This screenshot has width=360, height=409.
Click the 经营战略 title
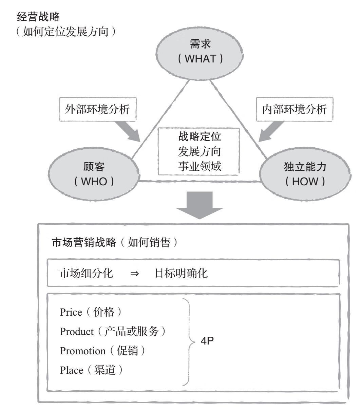click(38, 17)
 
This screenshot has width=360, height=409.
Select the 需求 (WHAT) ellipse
click(200, 54)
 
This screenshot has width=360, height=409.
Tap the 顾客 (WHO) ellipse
click(94, 174)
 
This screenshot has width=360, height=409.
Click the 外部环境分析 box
click(98, 109)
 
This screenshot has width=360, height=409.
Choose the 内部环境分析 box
click(295, 109)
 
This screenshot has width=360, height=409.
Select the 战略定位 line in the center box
click(200, 136)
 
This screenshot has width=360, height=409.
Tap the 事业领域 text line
click(200, 166)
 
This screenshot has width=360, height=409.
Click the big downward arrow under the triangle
click(200, 205)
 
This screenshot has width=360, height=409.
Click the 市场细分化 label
click(86, 273)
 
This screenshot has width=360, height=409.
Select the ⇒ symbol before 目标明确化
click(134, 274)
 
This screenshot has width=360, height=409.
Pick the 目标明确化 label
click(181, 273)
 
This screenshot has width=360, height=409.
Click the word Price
click(71, 312)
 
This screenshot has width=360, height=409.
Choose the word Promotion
click(83, 351)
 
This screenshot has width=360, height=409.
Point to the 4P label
click(207, 341)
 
